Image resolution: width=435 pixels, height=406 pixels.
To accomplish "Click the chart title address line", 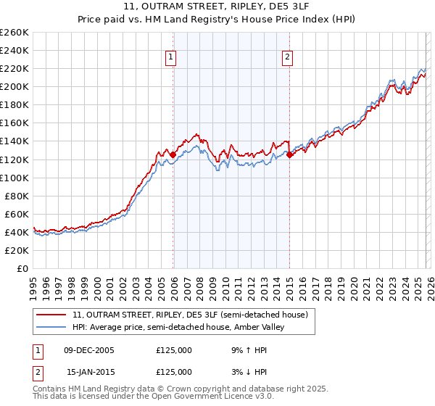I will pyautogui.click(x=217, y=7).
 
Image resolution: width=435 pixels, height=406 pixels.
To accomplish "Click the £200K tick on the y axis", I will pyautogui.click(x=14, y=86).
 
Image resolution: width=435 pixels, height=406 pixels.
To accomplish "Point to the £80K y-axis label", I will pyautogui.click(x=17, y=196).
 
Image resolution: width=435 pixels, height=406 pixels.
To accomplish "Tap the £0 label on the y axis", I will pyautogui.click(x=22, y=268).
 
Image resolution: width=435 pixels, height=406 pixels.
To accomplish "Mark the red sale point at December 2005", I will pyautogui.click(x=173, y=154).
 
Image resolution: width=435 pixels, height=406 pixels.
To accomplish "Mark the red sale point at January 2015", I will pyautogui.click(x=289, y=154).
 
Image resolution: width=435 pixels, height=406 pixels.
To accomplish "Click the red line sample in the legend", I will pyautogui.click(x=52, y=315).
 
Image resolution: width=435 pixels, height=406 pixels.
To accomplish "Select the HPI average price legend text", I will pyautogui.click(x=178, y=327).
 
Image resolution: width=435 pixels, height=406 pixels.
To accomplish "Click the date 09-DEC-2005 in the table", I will pyautogui.click(x=89, y=349).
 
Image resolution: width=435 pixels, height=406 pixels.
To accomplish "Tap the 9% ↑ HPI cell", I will pyautogui.click(x=249, y=349).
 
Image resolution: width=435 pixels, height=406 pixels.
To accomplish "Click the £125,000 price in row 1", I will pyautogui.click(x=174, y=349).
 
